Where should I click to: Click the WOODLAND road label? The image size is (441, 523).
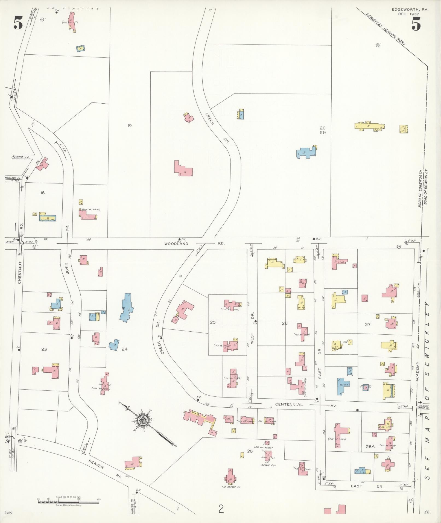(x=177, y=244)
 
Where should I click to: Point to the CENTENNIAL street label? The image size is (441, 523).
(x=289, y=404)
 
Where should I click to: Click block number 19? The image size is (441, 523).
(x=130, y=125)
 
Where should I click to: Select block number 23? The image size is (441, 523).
(x=44, y=349)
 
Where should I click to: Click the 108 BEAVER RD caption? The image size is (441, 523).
(x=231, y=487)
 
